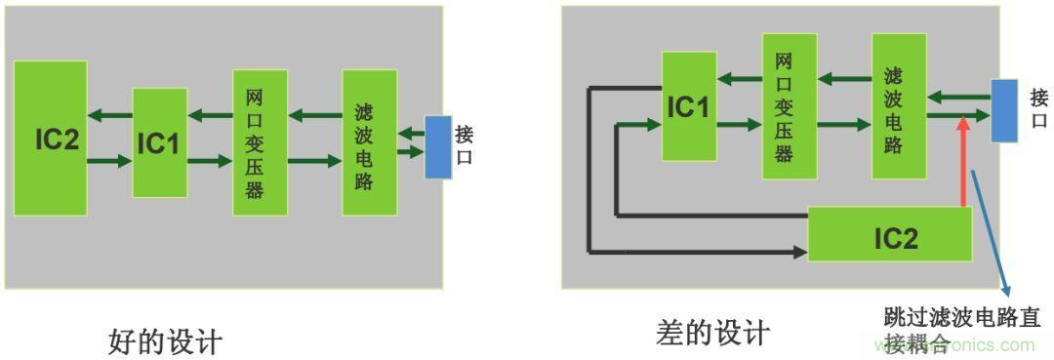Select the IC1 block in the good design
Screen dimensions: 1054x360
pos(159,142)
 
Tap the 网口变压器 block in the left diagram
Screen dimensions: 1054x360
pos(260,142)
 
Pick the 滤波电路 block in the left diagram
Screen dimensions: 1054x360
pos(369,142)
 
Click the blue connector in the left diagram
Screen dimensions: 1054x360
pos(438,146)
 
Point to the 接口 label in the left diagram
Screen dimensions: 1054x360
pos(465,145)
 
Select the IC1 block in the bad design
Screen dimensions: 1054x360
pos(689,106)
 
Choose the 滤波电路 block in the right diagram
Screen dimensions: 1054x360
pos(898,106)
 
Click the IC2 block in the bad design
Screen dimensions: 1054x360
pos(890,234)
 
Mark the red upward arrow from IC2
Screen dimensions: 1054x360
pos(963,161)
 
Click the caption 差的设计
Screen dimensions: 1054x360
pos(712,334)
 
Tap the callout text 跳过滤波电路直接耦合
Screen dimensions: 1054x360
pos(961,330)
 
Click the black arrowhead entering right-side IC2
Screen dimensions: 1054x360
pos(800,253)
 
